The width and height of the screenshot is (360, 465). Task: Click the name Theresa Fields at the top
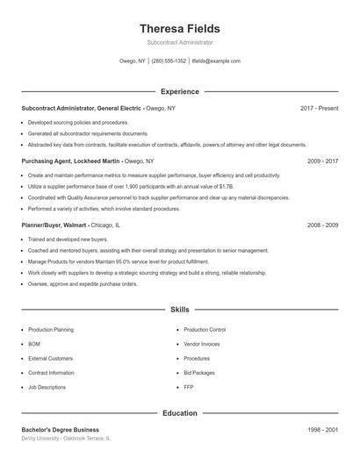click(x=179, y=28)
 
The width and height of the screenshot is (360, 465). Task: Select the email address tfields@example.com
click(x=215, y=61)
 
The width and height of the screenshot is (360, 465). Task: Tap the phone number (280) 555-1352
click(x=169, y=61)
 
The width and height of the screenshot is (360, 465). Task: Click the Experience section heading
click(x=180, y=91)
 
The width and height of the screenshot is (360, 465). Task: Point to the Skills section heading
click(x=179, y=310)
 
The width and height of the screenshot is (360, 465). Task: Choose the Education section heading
click(x=179, y=412)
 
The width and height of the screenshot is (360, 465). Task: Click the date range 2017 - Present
click(x=319, y=108)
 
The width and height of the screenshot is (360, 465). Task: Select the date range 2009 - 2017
click(x=322, y=161)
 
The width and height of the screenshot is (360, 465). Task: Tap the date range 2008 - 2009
click(x=322, y=225)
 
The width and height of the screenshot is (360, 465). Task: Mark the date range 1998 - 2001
click(x=322, y=429)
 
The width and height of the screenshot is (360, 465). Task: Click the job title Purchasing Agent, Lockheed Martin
click(x=71, y=161)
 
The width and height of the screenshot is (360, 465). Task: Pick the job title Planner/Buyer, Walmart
click(x=55, y=225)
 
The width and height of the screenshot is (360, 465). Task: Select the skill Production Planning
click(x=51, y=330)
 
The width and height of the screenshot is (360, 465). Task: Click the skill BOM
click(x=34, y=344)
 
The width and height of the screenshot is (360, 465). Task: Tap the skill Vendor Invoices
click(x=202, y=344)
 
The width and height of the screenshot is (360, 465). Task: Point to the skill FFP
click(x=189, y=387)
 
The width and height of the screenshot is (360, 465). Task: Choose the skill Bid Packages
click(x=198, y=373)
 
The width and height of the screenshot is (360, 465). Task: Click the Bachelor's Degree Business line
click(x=61, y=429)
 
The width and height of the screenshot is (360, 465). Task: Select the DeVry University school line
click(x=67, y=438)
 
